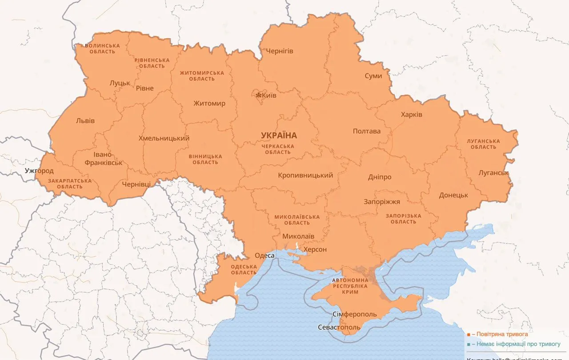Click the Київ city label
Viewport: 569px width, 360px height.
point(270,96)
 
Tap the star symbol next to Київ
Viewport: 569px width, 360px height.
point(258,95)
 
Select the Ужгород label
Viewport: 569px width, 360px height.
point(39,171)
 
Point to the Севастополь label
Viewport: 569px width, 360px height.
point(339,328)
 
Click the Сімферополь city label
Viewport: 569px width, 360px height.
point(354,314)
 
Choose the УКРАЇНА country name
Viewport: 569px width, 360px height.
point(279,136)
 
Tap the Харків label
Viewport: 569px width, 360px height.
point(411,115)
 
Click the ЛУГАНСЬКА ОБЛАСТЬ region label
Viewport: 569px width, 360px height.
point(483,144)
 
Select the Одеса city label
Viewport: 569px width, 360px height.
point(264,256)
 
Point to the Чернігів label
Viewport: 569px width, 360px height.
point(280,51)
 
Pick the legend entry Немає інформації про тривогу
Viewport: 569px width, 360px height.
point(515,344)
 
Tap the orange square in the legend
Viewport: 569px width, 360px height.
point(468,334)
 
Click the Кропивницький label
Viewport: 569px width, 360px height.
point(305,175)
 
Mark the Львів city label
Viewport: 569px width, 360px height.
point(85,121)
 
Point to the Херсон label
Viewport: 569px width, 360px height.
point(315,249)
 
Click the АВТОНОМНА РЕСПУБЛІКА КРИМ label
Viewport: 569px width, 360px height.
point(350,286)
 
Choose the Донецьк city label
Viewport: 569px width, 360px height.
point(453,195)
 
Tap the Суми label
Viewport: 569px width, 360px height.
point(373,76)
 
